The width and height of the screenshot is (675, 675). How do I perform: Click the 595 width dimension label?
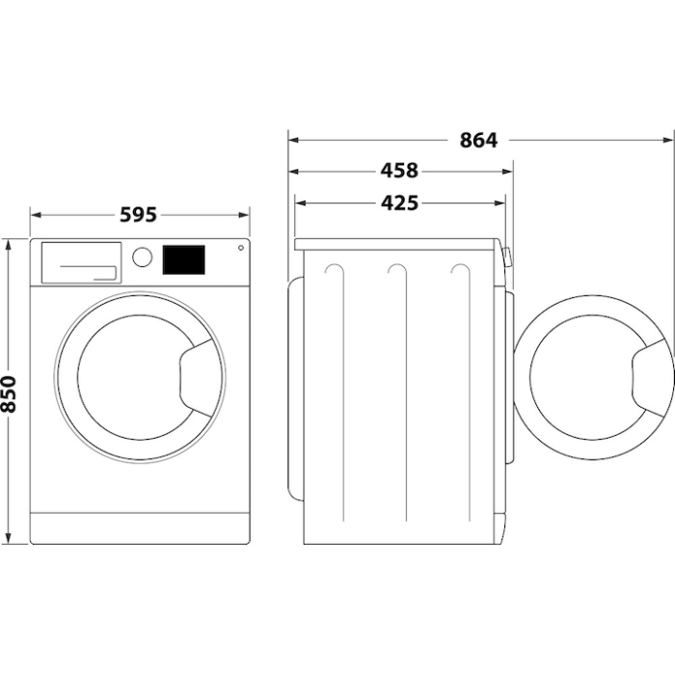pos(138,215)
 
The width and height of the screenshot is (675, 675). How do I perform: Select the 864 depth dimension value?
pos(477,141)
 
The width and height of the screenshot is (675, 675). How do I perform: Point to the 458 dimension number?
pos(399,172)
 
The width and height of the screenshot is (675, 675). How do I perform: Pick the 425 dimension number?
pos(399,203)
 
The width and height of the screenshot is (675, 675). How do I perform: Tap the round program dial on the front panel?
pos(143,257)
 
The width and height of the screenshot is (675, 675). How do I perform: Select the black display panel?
pos(183,258)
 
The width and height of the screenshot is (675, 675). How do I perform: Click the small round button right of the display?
pos(238,248)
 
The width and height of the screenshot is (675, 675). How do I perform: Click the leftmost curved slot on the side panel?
pos(335,275)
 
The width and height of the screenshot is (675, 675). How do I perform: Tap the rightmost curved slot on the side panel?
pos(459,275)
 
